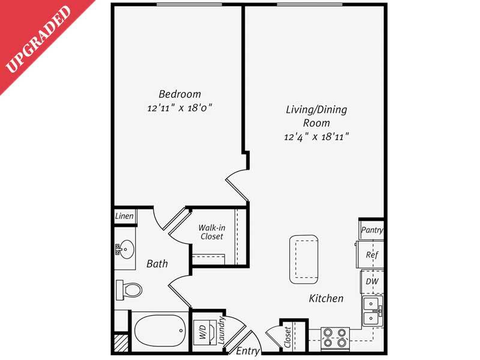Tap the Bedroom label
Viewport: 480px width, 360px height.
tap(179, 94)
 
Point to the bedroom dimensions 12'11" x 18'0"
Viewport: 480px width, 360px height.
tap(179, 109)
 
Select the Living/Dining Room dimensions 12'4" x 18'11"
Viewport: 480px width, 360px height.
tap(316, 137)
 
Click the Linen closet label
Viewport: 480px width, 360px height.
tap(125, 216)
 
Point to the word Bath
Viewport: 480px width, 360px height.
tap(157, 263)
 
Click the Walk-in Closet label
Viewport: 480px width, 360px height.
tap(211, 232)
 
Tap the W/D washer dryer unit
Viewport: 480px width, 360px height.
tap(201, 334)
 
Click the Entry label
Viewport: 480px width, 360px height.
tap(247, 350)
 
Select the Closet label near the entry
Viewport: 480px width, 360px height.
tap(287, 338)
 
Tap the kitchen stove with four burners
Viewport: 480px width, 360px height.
tap(335, 338)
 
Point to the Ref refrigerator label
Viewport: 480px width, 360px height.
tap(371, 254)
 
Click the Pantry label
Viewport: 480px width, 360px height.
tap(372, 230)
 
